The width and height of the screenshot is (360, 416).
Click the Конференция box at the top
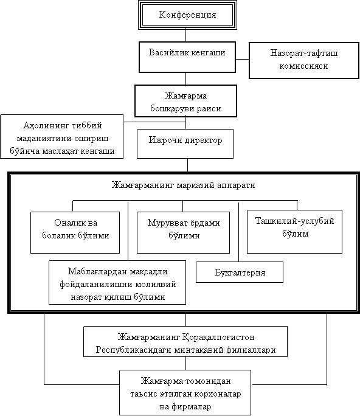pos(187,15)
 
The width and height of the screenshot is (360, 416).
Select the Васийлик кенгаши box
pos(187,57)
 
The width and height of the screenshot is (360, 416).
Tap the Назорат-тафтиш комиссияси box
pos(304,60)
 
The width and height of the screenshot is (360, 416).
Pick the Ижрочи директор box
pos(185,144)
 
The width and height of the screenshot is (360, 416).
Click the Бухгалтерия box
pos(240,272)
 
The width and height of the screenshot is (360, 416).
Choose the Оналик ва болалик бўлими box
pos(75,232)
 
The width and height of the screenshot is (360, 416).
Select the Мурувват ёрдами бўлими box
pos(183,232)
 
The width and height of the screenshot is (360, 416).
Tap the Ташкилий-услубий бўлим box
pos(294,232)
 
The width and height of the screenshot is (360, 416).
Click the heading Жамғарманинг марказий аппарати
pos(183,185)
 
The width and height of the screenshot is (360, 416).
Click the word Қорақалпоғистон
pos(218,337)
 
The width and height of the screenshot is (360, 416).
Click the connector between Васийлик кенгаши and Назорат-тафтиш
pos(243,59)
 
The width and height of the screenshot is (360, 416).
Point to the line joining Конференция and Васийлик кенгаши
pos(185,35)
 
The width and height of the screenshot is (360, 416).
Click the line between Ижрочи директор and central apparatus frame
pos(187,165)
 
